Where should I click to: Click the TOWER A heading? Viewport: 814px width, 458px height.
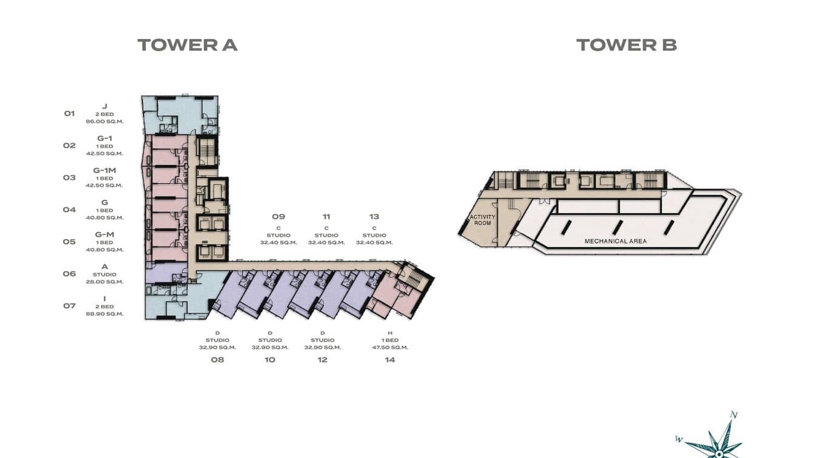coord(187,45)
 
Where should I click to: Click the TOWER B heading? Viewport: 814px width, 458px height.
coord(627,45)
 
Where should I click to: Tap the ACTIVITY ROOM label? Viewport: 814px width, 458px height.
coord(482,220)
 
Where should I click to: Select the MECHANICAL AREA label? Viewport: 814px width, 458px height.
coord(615,241)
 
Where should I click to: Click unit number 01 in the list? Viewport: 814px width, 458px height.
coord(69,114)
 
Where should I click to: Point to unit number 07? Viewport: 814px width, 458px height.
coord(69,306)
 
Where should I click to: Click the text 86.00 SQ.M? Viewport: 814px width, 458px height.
coord(105,121)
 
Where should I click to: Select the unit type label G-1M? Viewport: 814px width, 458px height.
coord(105,170)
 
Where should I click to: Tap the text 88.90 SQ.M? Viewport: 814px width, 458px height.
coord(105,314)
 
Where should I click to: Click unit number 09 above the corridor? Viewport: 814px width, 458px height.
coord(278,217)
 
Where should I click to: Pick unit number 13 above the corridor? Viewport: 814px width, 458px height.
coord(374,217)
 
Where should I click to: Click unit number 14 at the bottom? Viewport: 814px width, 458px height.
coord(390,360)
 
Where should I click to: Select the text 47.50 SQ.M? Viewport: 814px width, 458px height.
coord(390,347)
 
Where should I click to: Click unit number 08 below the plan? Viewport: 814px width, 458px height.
coord(217,360)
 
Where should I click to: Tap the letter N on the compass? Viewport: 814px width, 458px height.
coord(734,415)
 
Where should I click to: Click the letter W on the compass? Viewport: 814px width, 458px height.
coord(679,439)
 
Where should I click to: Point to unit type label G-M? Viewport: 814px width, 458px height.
coord(105,234)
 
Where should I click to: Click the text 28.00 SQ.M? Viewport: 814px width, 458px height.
coord(105,282)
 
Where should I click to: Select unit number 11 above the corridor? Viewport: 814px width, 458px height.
coord(326,217)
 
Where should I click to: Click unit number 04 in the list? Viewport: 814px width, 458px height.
coord(69,210)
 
